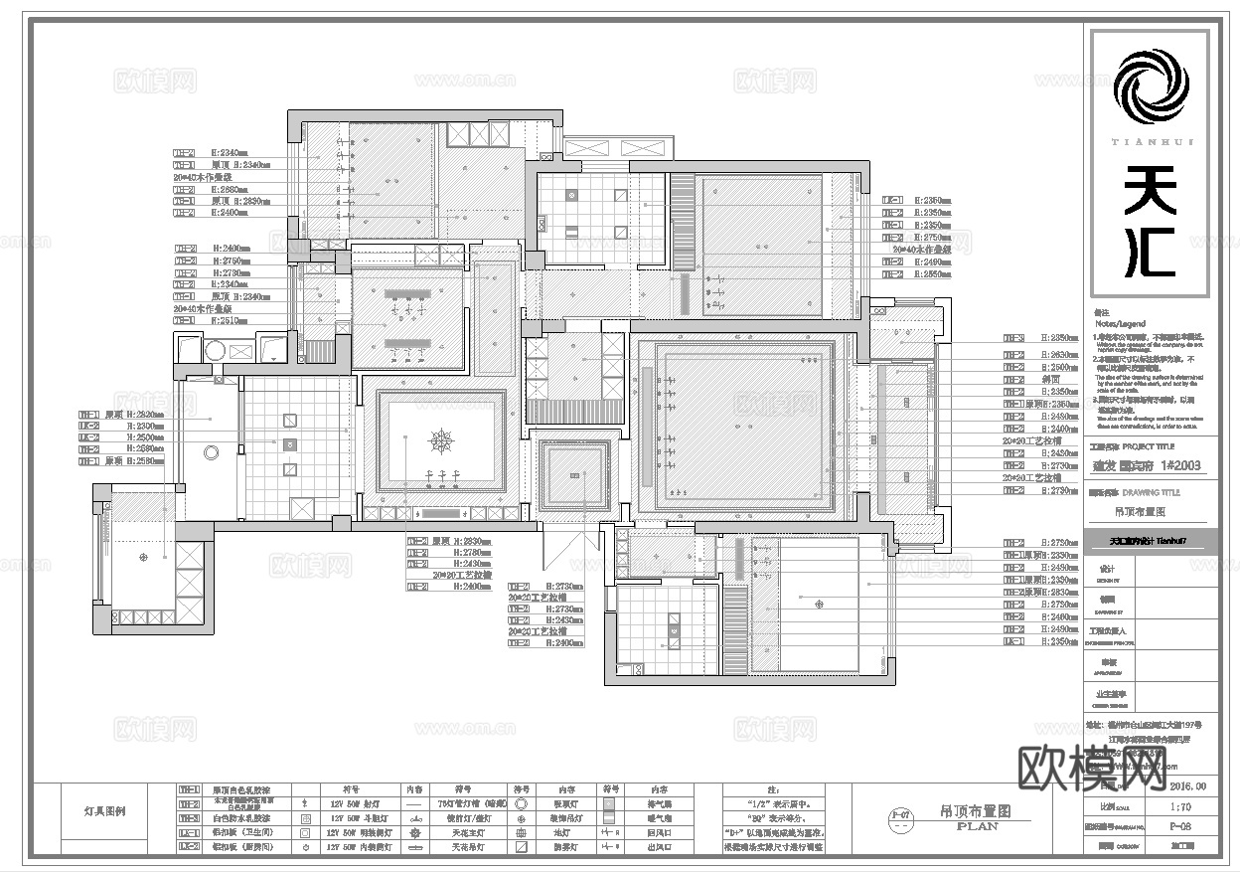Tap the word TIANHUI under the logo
1150,142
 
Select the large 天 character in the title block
1150,188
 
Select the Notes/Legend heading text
1120,324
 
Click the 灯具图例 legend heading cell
104,811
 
